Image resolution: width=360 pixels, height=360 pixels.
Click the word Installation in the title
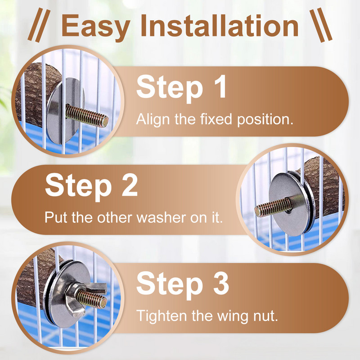(x=220, y=25)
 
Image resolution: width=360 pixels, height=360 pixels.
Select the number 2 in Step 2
(x=130, y=185)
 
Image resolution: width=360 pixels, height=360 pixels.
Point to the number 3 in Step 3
(x=221, y=283)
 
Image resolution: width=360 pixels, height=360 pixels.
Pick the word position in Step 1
(x=265, y=120)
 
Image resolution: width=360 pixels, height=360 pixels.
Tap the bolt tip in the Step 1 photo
(x=105, y=121)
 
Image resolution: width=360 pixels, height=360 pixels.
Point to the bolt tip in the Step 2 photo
(x=257, y=211)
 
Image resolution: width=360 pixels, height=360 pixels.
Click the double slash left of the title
(x=39, y=25)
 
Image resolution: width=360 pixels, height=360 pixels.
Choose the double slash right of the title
(x=321, y=25)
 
